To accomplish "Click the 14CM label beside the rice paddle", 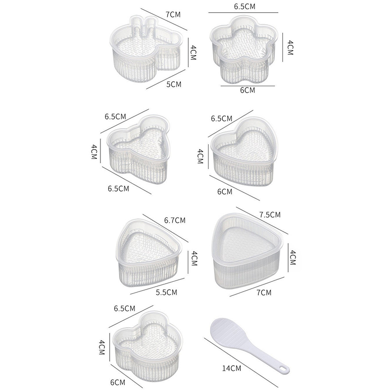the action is coord(232,368).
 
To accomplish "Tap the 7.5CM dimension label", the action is coord(270,214).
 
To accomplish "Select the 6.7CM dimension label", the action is coord(175,220).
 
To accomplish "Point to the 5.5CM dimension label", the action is coord(166,292).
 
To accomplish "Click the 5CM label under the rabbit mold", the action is coord(174,84).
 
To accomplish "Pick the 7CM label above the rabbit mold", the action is coord(173,15).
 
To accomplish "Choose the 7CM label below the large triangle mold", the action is coord(264,292).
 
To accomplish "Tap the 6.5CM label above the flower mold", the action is coord(245,6).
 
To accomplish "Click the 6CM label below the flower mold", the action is coord(248,90).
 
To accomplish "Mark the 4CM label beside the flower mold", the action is coord(290,48).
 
